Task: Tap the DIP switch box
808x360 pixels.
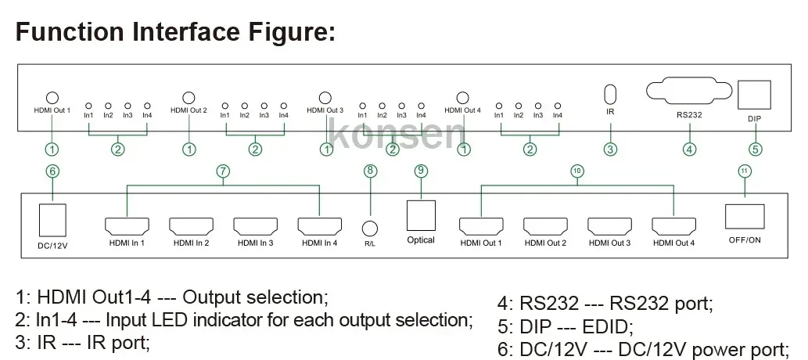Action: pos(755,95)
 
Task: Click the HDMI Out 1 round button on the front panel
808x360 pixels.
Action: pos(52,98)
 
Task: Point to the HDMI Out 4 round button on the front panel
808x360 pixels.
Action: pos(462,98)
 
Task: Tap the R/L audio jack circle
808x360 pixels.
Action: pos(371,228)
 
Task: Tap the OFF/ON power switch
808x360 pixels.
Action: pos(744,216)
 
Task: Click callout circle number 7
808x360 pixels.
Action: pos(223,171)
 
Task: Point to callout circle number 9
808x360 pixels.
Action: pos(421,171)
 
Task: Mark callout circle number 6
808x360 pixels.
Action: pos(52,171)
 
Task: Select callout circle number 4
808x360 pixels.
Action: pos(689,149)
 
